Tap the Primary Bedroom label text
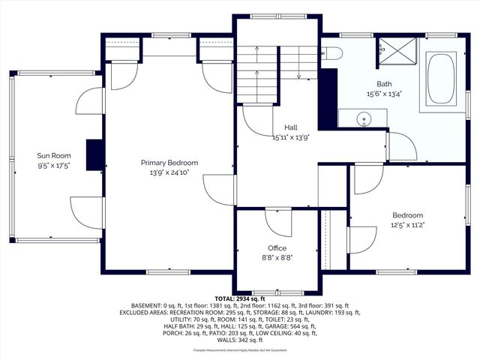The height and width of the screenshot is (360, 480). [x=169, y=163]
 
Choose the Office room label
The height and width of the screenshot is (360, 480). [x=277, y=248]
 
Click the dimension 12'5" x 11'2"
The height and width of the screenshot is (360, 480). [x=408, y=224]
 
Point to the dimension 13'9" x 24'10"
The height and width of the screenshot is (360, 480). [x=169, y=172]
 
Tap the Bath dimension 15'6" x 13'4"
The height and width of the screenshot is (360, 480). [x=384, y=94]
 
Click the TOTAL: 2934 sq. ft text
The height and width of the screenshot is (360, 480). [x=240, y=298]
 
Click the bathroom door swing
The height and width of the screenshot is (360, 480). [x=398, y=145]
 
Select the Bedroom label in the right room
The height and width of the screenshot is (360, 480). [x=408, y=215]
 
